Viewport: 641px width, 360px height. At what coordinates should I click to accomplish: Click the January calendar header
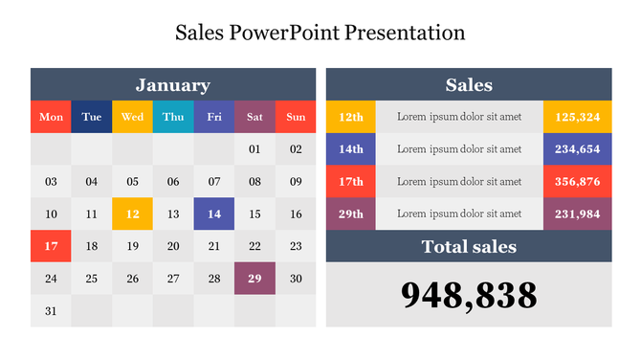(173, 84)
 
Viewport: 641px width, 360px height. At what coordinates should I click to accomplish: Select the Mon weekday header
(51, 117)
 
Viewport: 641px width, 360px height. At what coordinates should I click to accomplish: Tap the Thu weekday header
(173, 117)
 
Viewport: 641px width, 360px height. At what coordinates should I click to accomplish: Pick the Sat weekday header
(254, 117)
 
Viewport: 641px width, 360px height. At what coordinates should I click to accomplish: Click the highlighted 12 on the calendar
(132, 214)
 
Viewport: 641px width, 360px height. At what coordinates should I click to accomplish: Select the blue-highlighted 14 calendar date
(214, 214)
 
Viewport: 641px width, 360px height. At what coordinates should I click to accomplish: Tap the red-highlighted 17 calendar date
(51, 246)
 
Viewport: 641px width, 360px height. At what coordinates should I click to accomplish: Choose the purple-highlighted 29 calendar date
(254, 278)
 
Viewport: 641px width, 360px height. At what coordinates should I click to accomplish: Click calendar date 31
(51, 310)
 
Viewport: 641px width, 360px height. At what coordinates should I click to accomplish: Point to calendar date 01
(254, 149)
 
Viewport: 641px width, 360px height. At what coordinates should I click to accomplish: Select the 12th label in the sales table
(351, 117)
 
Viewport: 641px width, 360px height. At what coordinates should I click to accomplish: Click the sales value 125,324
(577, 117)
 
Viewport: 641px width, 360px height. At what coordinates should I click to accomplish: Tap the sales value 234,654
(577, 149)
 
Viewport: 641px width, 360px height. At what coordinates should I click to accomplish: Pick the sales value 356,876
(577, 181)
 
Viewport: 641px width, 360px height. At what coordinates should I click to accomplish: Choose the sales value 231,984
(577, 214)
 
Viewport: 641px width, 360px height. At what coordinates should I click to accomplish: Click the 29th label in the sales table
(351, 214)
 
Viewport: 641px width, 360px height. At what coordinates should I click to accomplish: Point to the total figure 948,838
(469, 296)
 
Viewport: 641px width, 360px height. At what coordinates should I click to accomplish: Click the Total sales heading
(469, 246)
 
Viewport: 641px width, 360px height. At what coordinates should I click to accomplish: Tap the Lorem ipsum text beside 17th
(459, 181)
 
